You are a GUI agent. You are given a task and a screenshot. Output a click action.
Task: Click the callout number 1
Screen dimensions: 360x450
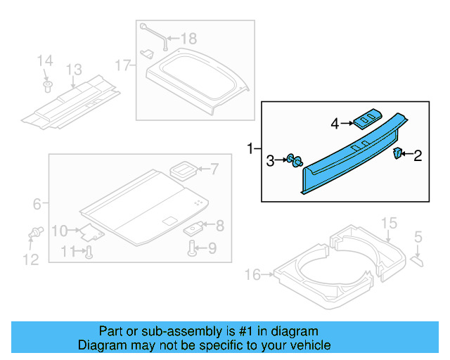pos(250,148)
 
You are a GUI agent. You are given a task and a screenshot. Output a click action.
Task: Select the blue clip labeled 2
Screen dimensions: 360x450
pos(397,154)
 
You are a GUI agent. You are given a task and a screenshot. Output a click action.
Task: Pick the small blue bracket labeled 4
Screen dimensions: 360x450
pos(366,120)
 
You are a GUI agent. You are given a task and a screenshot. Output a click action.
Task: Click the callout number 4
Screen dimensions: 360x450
pos(335,124)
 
